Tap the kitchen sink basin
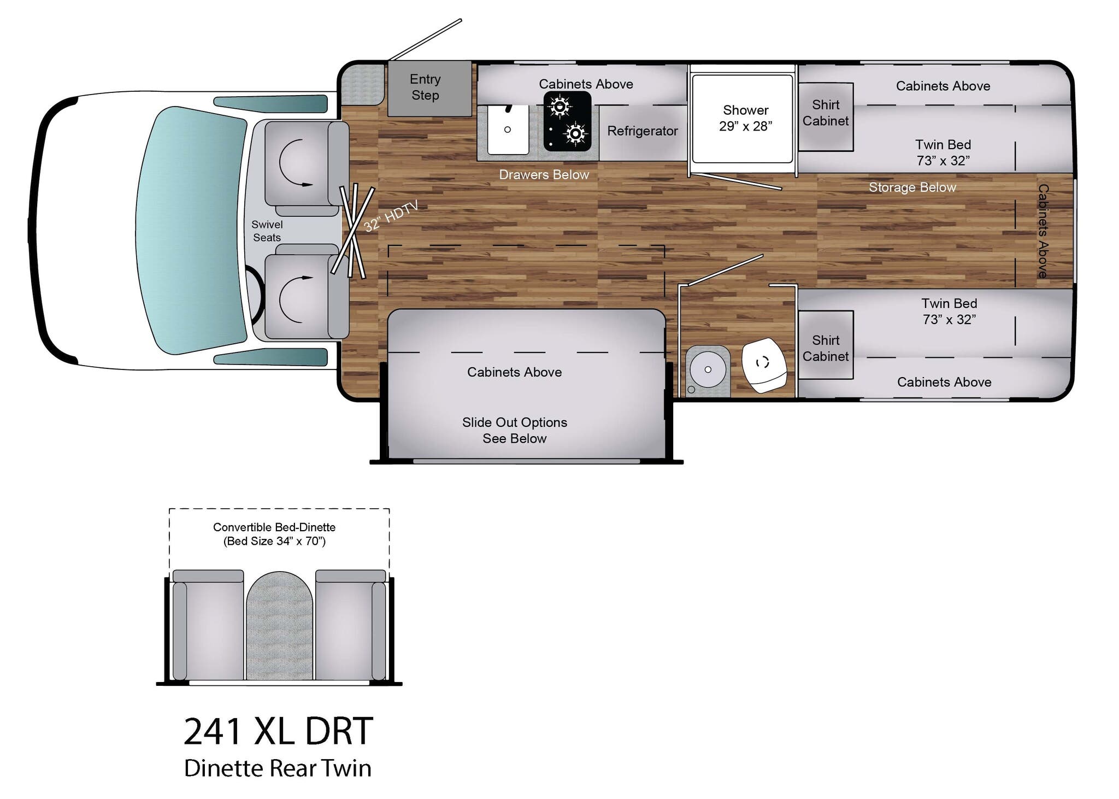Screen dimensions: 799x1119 tap(508, 130)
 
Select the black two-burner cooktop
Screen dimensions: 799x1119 tap(567, 121)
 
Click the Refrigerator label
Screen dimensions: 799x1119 tap(642, 131)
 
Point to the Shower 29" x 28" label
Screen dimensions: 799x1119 tap(745, 118)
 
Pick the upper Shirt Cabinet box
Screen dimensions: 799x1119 tap(825, 116)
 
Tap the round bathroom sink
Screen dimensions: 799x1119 tap(708, 369)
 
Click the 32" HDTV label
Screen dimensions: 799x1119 tap(391, 216)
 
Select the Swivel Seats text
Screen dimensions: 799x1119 tap(267, 231)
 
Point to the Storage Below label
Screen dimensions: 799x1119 tap(912, 187)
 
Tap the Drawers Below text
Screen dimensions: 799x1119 tap(544, 175)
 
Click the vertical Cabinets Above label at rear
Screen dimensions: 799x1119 tap(1043, 231)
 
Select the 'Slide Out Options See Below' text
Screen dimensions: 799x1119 tap(514, 430)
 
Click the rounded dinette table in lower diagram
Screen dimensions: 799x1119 tap(279, 626)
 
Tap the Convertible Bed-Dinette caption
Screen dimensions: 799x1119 tap(274, 534)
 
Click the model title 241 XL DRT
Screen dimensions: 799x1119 tap(278, 731)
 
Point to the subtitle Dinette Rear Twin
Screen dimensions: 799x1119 tap(278, 768)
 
